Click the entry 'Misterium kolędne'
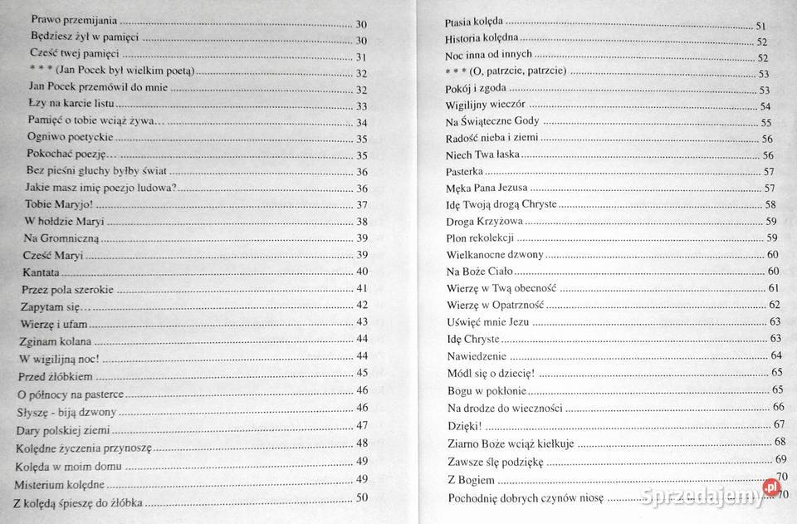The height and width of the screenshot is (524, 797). tap(59, 482)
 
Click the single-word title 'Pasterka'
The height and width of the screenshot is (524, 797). tap(465, 171)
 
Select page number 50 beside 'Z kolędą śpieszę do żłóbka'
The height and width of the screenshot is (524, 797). tap(362, 498)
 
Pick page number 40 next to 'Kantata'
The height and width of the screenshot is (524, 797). tap(362, 272)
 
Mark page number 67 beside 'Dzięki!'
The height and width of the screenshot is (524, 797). tap(779, 424)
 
